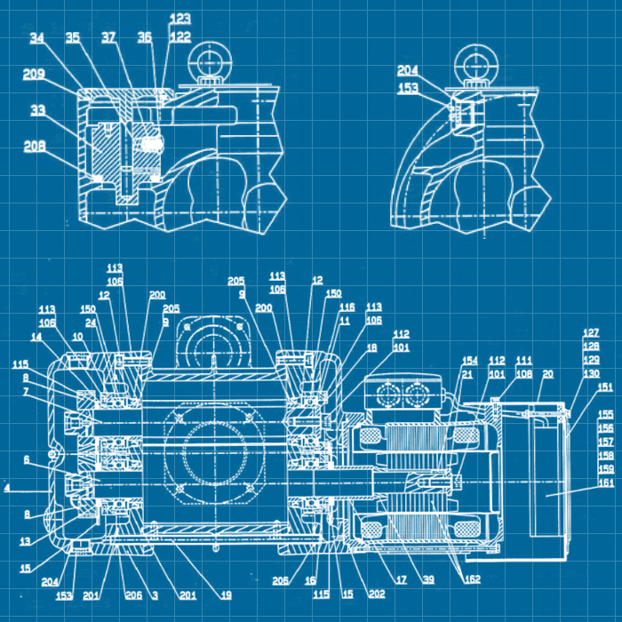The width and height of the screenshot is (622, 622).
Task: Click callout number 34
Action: click(36, 38)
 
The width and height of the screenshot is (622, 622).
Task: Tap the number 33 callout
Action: click(37, 110)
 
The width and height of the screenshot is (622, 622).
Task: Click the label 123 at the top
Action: click(180, 18)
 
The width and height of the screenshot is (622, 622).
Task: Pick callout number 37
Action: click(108, 38)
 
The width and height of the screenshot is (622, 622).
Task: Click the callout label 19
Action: click(227, 595)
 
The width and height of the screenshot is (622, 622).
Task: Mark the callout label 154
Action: click(469, 360)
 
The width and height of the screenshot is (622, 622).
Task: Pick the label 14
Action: click(36, 338)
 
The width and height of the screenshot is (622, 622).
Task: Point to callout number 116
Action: click(347, 307)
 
